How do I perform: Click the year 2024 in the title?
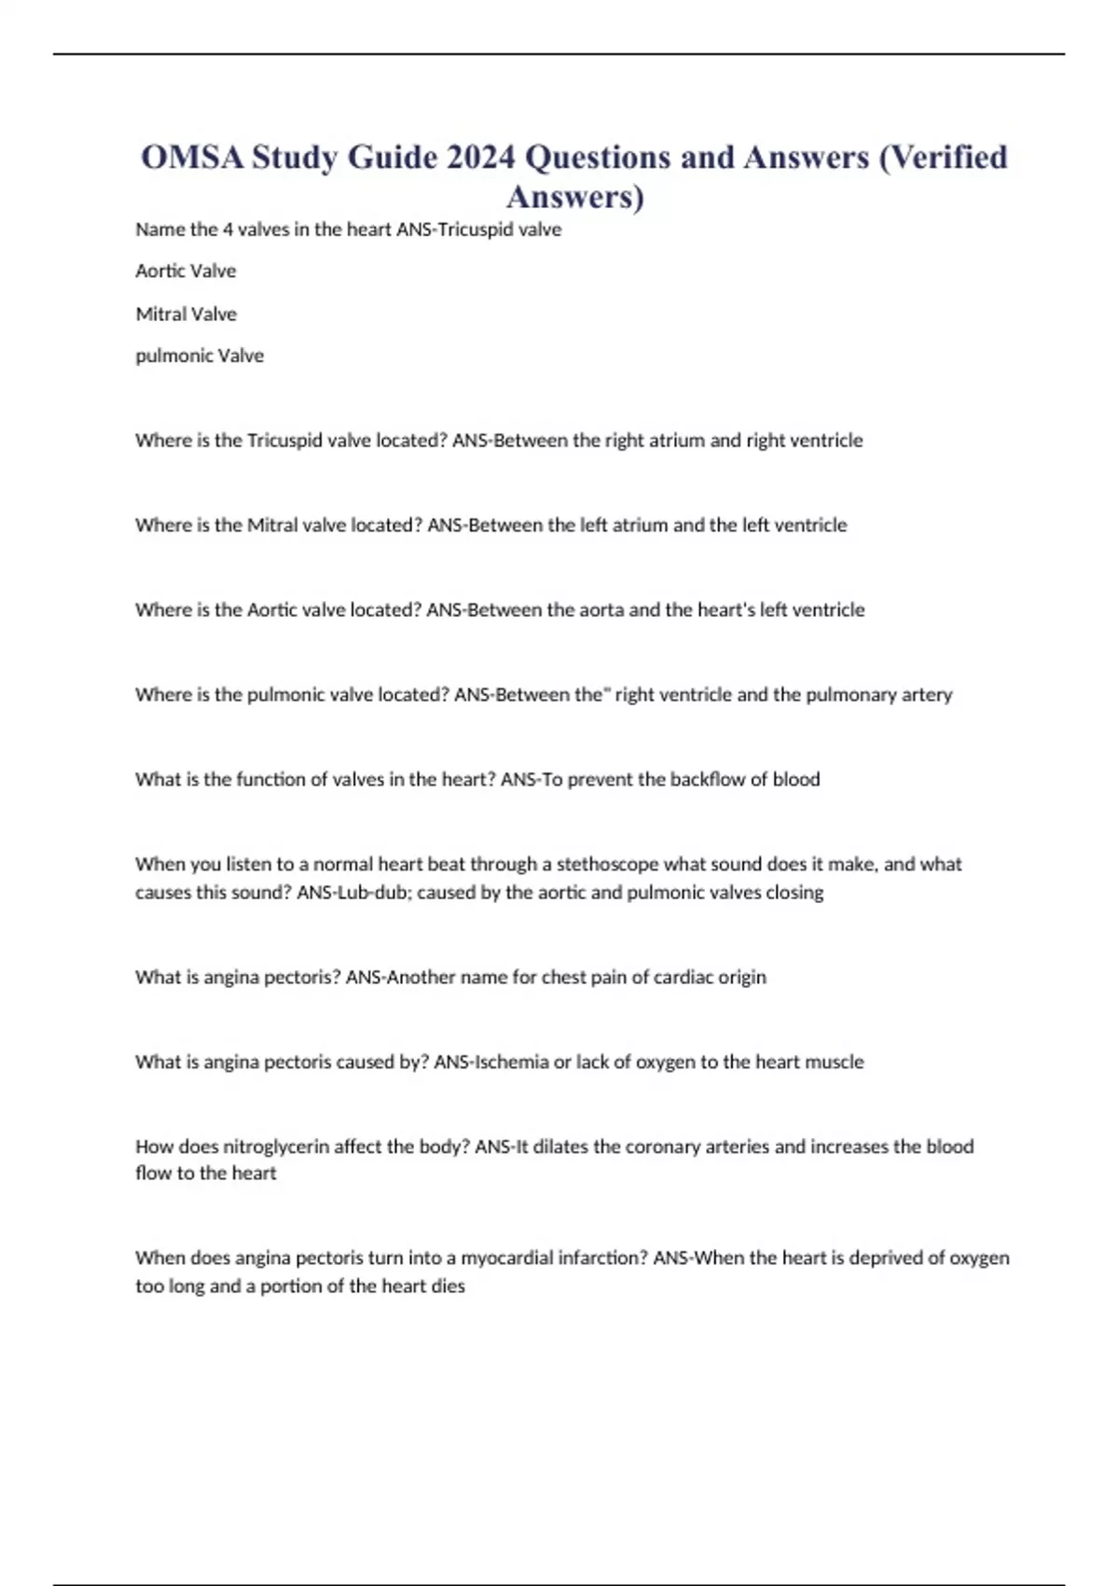480,157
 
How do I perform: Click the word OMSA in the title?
192,157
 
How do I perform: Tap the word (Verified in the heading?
943,157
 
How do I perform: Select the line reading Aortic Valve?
186,271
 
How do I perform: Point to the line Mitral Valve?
186,313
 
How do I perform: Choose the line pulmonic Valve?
200,355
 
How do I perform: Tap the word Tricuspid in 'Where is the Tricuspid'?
285,440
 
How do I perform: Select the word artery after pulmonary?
926,695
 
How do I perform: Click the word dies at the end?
448,1287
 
